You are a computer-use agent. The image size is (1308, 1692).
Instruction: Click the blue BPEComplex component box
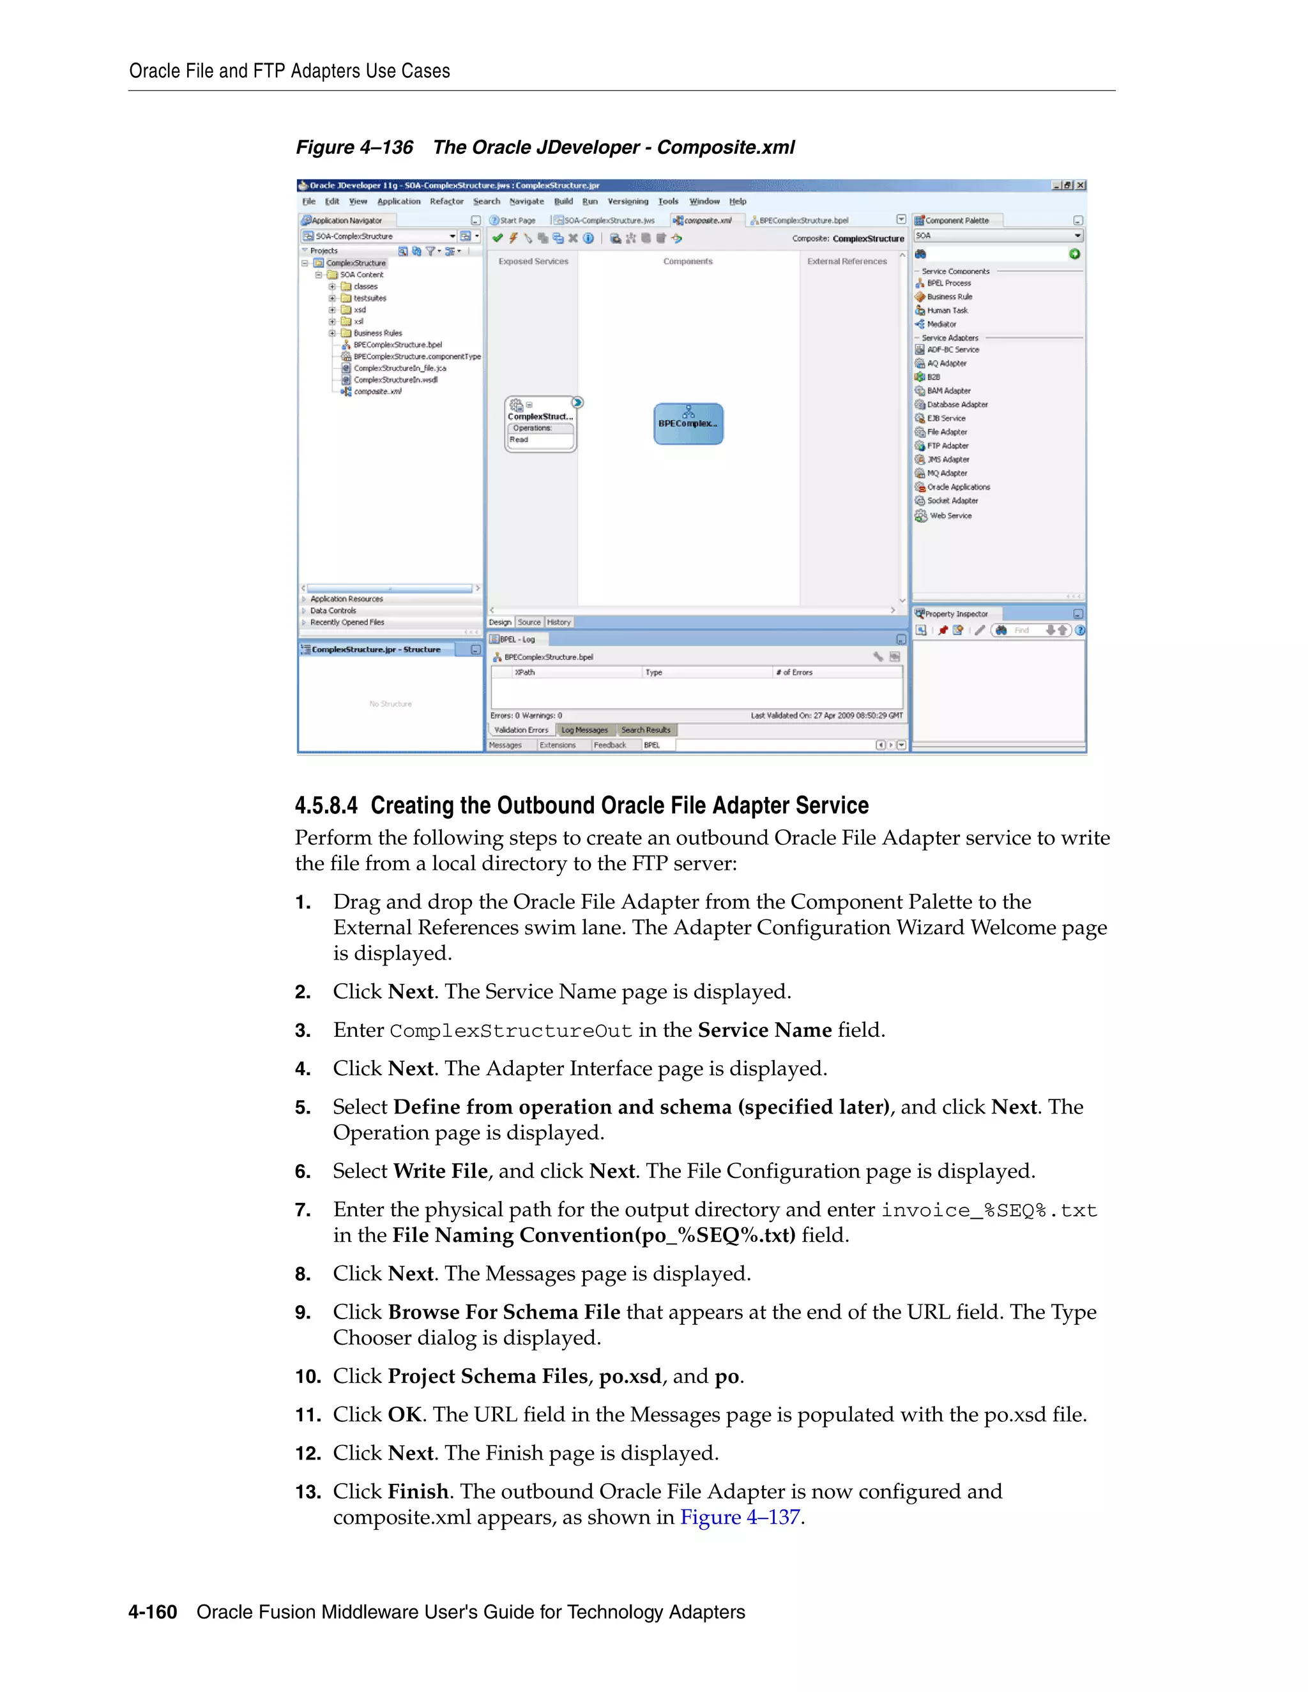(x=688, y=424)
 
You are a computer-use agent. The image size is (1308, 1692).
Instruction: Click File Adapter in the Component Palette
(x=947, y=432)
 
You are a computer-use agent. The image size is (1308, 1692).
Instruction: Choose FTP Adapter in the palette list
(x=948, y=446)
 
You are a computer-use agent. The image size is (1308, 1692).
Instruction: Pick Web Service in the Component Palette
(x=950, y=516)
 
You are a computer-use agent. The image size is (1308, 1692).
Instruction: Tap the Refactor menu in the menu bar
(x=446, y=201)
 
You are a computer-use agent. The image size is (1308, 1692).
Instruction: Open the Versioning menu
(x=628, y=201)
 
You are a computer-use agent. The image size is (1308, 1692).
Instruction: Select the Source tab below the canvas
(x=529, y=622)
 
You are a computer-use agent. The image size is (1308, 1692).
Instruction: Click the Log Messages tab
(x=584, y=730)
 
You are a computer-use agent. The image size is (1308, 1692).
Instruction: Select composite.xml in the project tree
(x=377, y=392)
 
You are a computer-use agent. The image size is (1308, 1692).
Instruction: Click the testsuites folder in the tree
(x=370, y=298)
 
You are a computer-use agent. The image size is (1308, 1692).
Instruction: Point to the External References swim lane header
(x=847, y=262)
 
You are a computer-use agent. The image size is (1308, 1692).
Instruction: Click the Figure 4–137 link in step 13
(x=740, y=1517)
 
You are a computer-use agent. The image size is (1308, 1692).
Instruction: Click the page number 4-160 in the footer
(x=153, y=1612)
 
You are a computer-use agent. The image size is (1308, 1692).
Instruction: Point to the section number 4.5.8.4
(x=326, y=806)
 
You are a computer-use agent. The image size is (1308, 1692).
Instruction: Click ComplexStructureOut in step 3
(x=511, y=1031)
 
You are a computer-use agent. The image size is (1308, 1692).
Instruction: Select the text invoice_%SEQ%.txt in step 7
(x=989, y=1210)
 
